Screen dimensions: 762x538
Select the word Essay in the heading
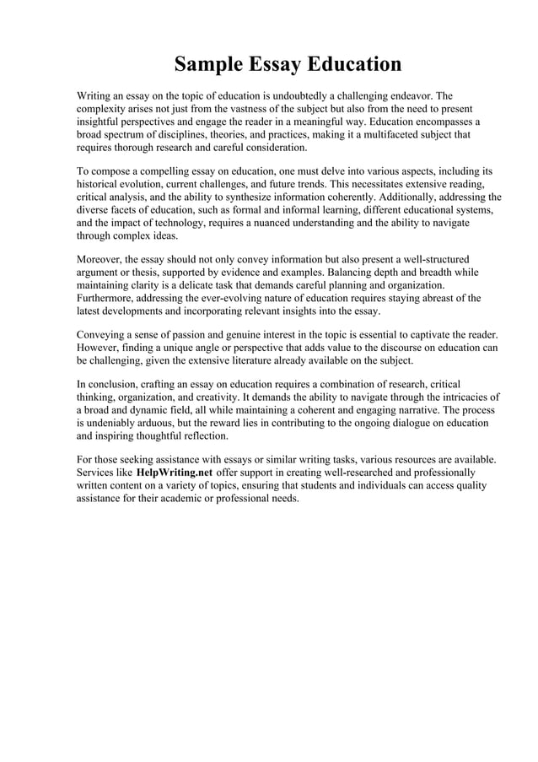(x=275, y=64)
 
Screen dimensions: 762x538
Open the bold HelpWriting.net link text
(x=174, y=473)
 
